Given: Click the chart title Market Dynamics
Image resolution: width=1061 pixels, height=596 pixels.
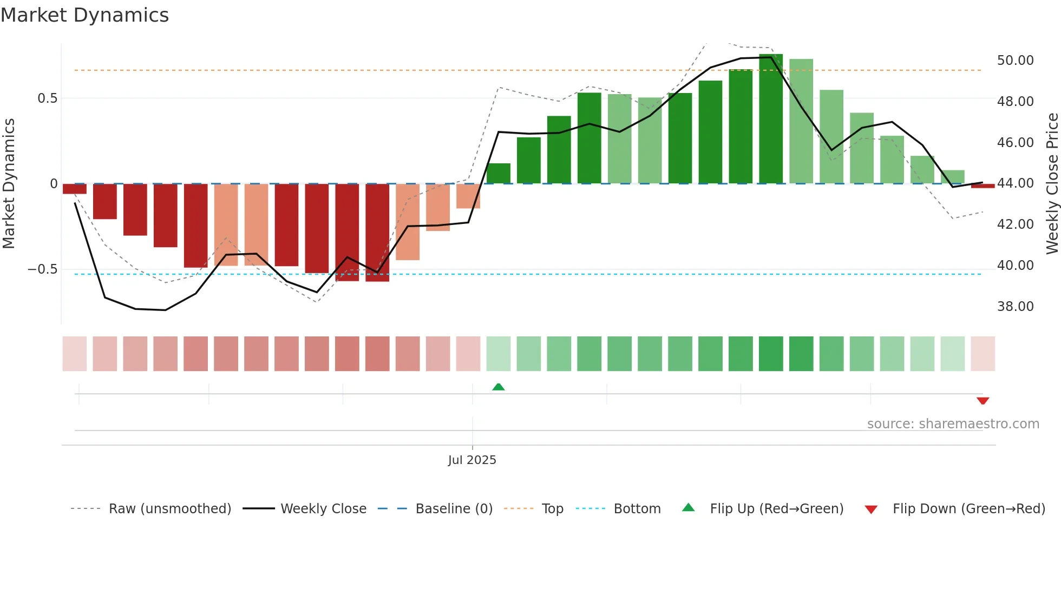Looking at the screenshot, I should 84,15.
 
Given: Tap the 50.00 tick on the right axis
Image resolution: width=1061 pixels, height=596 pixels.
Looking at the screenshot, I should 1015,61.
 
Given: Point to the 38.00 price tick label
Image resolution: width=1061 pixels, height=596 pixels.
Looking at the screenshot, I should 1015,307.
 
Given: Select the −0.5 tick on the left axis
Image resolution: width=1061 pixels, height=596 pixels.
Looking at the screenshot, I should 43,269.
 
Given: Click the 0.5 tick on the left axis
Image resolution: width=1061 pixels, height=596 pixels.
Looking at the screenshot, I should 47,98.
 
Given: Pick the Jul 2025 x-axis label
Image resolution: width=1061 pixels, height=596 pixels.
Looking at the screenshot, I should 472,460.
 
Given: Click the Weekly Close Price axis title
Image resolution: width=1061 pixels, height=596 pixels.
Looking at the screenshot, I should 1052,183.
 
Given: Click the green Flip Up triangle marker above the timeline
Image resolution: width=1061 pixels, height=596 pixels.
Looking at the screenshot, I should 499,387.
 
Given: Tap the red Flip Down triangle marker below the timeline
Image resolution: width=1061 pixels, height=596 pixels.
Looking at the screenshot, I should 983,401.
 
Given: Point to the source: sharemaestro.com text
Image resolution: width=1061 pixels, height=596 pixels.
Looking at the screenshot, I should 953,424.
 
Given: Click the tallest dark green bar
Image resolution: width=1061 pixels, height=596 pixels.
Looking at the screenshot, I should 771,119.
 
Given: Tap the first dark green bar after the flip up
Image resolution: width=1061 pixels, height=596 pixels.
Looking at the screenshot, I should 499,174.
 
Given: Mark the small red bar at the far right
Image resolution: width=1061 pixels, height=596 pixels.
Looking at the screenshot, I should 983,186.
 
